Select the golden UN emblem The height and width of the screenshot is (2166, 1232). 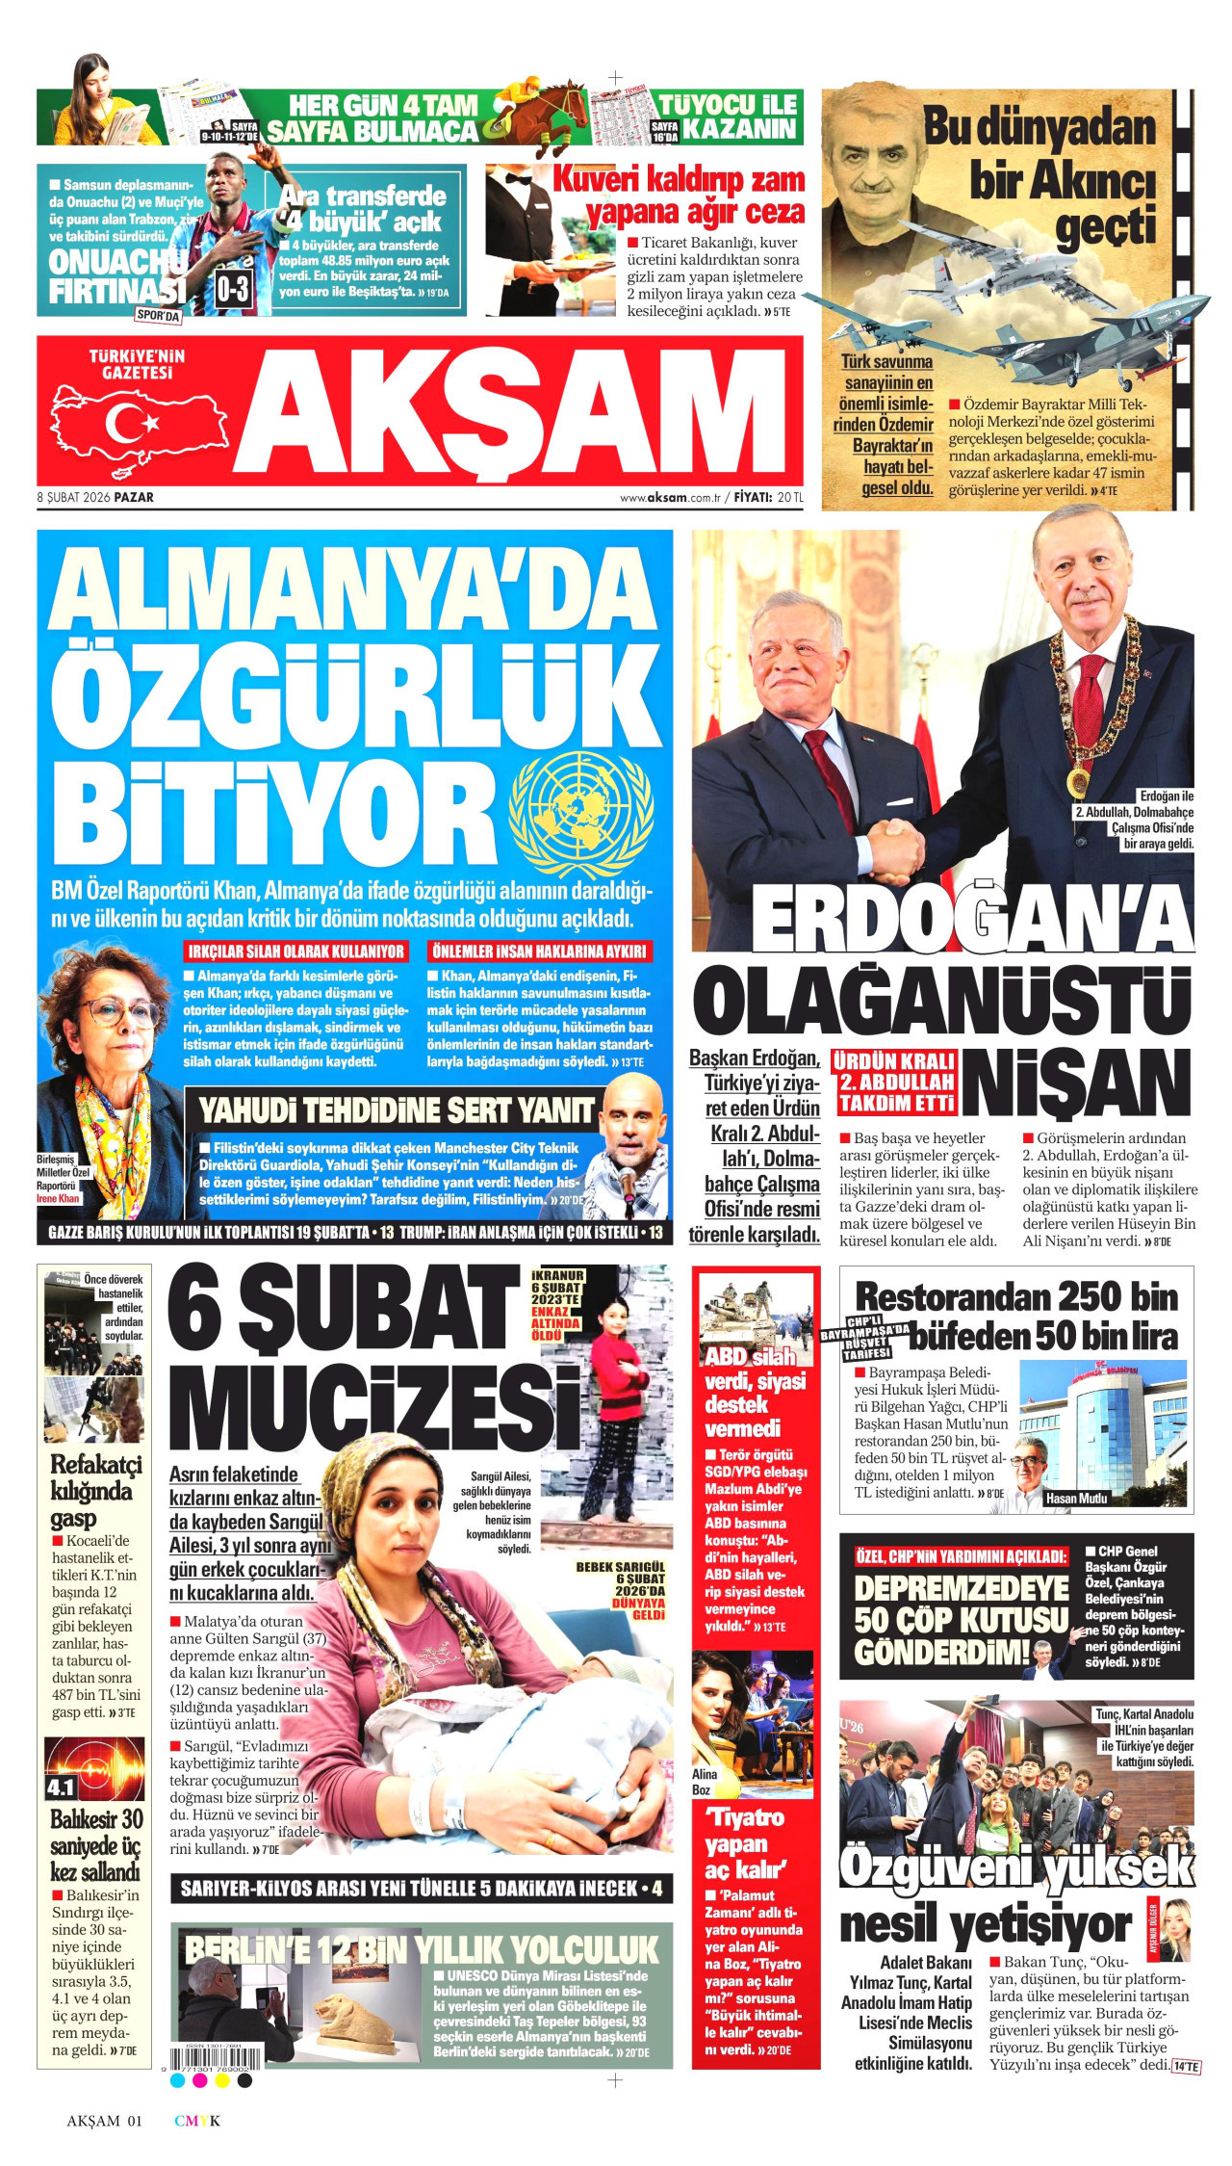[x=581, y=814]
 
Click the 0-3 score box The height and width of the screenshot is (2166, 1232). [x=232, y=288]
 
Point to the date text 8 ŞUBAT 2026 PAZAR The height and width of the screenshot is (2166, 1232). [x=95, y=498]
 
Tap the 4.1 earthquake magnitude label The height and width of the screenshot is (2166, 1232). [x=61, y=1788]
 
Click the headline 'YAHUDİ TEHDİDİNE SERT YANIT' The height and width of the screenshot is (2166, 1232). [x=396, y=1111]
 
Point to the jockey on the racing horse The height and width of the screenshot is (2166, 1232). [x=526, y=98]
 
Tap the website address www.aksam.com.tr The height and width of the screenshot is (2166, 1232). [x=670, y=498]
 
